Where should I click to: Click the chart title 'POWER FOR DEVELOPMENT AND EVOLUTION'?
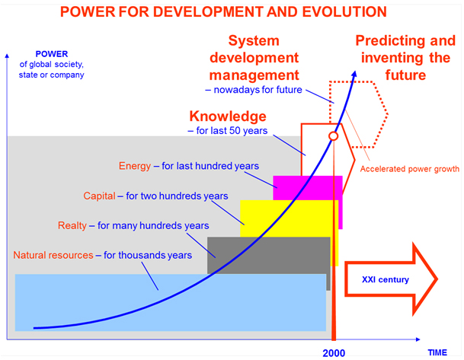(x=223, y=12)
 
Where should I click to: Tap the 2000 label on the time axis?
(x=334, y=353)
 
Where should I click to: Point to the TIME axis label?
(x=437, y=352)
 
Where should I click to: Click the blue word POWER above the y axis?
(x=52, y=54)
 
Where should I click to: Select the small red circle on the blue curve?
(x=334, y=136)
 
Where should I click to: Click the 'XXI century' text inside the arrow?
(x=386, y=279)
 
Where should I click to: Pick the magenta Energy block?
(x=308, y=188)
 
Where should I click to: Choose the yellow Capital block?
(x=289, y=218)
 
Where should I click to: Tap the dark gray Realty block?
(x=269, y=256)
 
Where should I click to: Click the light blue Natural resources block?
(x=171, y=302)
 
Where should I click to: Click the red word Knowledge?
(x=228, y=116)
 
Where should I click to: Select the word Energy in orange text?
(x=135, y=166)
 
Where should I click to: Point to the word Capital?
(x=99, y=196)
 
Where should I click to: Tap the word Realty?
(x=72, y=225)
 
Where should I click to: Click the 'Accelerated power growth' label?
(x=410, y=169)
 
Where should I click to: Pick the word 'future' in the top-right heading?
(x=405, y=75)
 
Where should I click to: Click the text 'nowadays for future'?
(x=258, y=90)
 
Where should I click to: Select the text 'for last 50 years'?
(x=232, y=131)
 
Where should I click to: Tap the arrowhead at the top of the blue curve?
(x=354, y=75)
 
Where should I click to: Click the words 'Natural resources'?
(x=53, y=255)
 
